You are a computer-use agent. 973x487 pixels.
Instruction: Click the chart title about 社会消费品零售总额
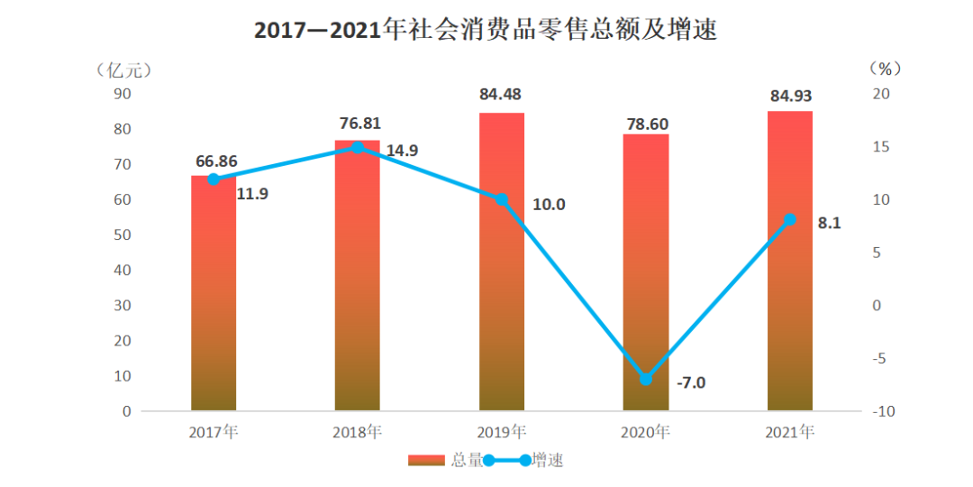pos(486,30)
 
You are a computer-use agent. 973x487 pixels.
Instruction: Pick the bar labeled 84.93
pos(790,262)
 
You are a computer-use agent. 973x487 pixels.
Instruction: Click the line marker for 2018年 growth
pos(358,147)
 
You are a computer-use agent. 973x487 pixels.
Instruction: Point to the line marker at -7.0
pos(646,379)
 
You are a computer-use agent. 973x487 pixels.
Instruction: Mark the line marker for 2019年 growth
pos(502,199)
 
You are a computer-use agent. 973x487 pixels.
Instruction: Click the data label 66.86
pos(216,161)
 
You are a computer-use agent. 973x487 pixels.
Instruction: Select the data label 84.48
pos(502,94)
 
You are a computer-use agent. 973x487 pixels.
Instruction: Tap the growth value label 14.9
pos(402,151)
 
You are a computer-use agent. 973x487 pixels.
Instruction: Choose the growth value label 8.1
pos(829,223)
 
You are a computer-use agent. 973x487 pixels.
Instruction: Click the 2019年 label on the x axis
pos(502,432)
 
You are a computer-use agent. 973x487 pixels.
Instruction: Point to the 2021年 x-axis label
pos(790,432)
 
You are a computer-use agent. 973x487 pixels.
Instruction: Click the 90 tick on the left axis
pos(121,94)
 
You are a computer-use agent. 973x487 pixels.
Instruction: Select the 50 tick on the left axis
pos(121,234)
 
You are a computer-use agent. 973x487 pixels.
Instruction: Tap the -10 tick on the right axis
pos(883,411)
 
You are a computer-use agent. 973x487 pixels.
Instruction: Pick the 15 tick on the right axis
pos(881,147)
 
